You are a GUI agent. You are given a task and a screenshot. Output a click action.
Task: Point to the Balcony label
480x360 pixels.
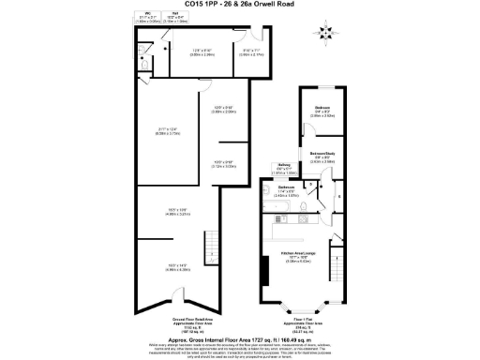(x=282, y=170)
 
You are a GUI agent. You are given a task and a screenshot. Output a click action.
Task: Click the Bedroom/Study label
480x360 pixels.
(x=322, y=157)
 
